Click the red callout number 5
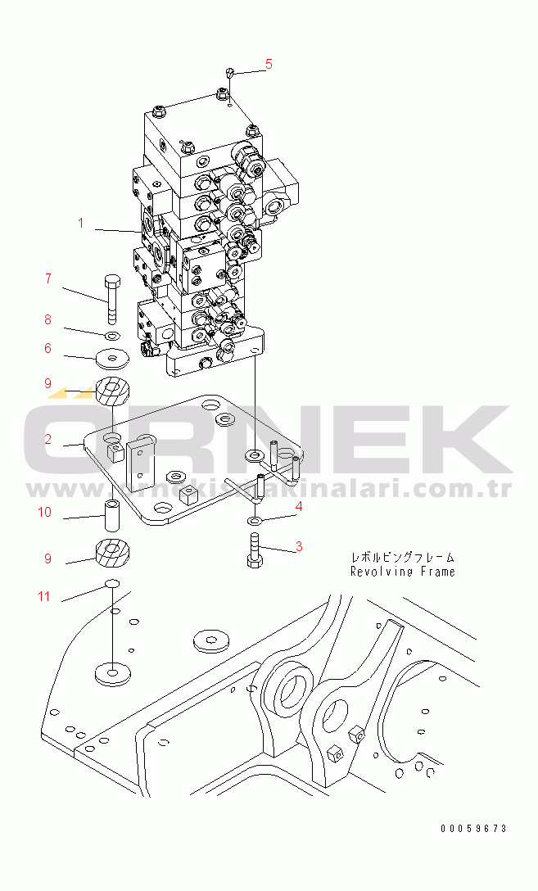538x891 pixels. click(269, 64)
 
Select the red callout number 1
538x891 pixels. click(81, 223)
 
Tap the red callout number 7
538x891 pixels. click(48, 278)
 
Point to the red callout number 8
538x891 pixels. click(48, 319)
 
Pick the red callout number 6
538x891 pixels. click(48, 348)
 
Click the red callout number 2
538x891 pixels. click(48, 439)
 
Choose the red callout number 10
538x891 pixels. click(44, 512)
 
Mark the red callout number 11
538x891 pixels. click(44, 596)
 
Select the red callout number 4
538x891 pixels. click(298, 506)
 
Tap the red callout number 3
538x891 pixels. click(298, 547)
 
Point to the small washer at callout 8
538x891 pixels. click(113, 334)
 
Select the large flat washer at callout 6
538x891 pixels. click(112, 359)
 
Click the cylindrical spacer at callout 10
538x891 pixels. click(112, 513)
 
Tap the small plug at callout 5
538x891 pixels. click(229, 72)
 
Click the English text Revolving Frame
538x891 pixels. click(403, 572)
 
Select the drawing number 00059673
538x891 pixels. click(473, 829)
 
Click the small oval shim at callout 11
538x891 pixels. click(112, 584)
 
